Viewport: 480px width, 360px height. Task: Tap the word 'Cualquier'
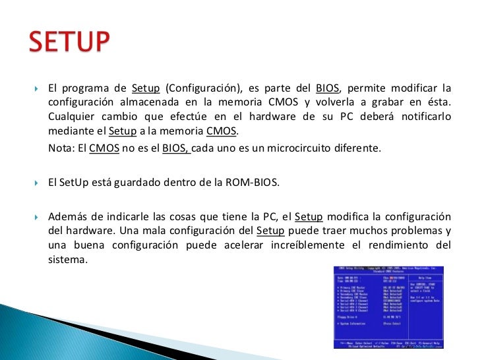[73, 117]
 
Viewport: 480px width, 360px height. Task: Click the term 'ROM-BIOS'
[253, 183]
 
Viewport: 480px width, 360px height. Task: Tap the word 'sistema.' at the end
[68, 259]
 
